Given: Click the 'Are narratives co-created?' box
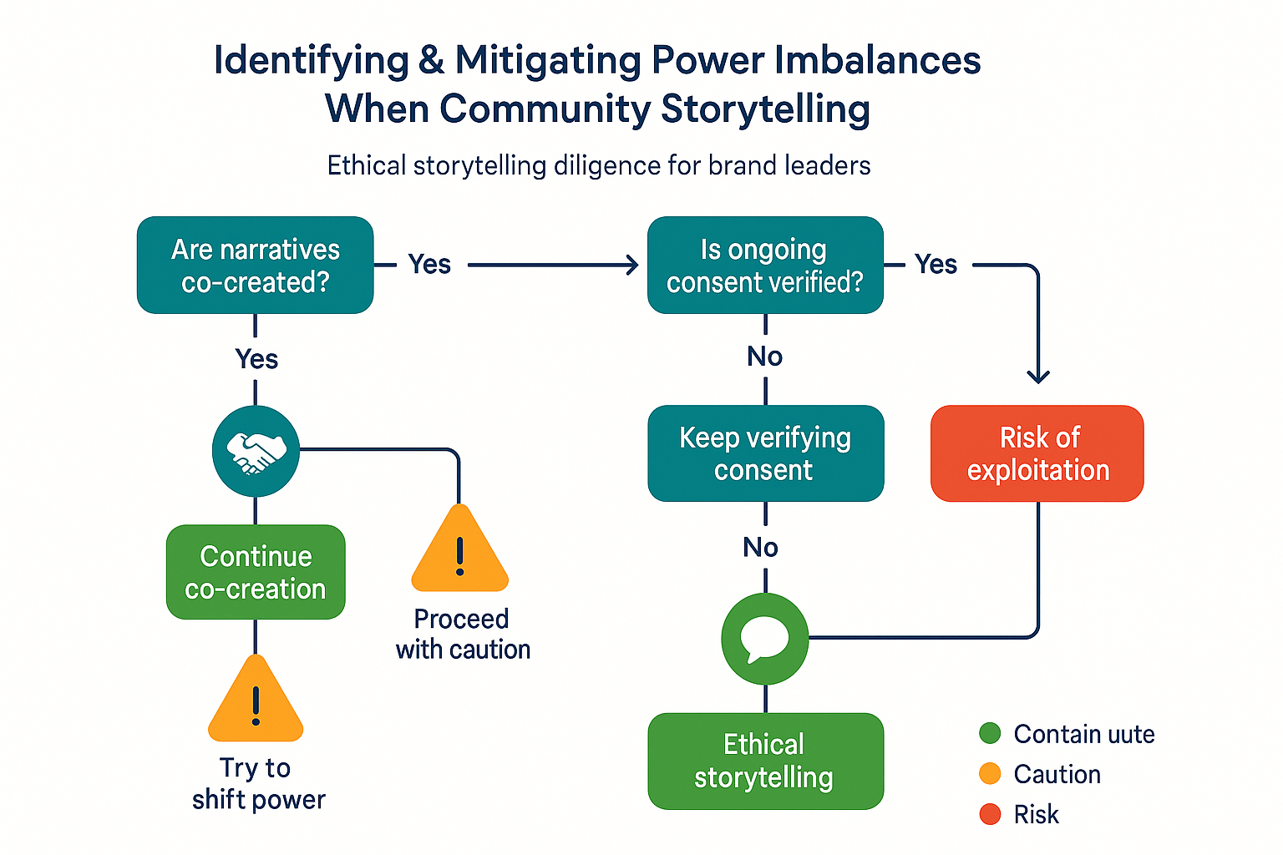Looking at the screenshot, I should click(x=255, y=266).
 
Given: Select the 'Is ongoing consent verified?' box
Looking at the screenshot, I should click(x=765, y=266).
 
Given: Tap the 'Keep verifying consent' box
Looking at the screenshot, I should click(x=765, y=453).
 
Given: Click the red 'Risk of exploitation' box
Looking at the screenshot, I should click(x=1037, y=453).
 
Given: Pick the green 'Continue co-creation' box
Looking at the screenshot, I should click(x=256, y=572).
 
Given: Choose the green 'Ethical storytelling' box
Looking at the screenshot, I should click(x=765, y=761).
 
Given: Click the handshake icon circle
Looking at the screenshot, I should click(x=256, y=451).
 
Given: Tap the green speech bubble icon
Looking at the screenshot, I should click(x=765, y=639).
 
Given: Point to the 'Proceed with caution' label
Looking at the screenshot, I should click(x=463, y=634).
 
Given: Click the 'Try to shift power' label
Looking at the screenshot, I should click(x=258, y=783).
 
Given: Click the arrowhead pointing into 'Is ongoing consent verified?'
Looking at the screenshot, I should click(x=632, y=266).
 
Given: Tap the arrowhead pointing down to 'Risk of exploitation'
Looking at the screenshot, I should click(x=1037, y=377).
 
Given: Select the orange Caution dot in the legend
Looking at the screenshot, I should click(x=990, y=774).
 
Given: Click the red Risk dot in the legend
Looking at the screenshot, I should click(x=990, y=814).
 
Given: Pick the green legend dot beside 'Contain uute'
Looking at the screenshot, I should click(x=990, y=734).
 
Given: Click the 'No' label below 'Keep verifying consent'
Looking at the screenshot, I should click(x=761, y=547).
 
